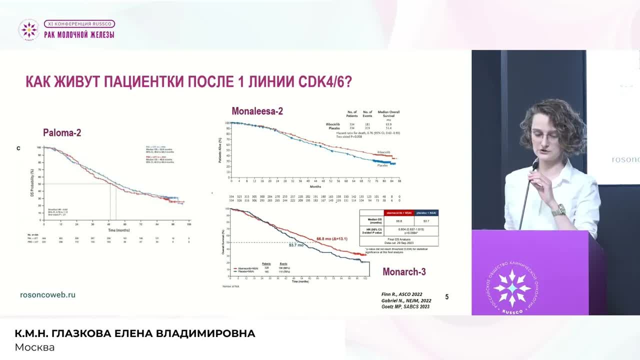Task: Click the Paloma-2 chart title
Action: tap(62, 133)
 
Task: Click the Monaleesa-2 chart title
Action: tap(257, 111)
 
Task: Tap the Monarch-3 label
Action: tap(404, 272)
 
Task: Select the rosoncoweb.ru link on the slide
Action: tap(47, 294)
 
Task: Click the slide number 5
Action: tap(446, 296)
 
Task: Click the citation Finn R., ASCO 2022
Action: tap(401, 294)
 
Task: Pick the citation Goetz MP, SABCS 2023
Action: tap(405, 306)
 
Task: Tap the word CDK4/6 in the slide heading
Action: tap(325, 81)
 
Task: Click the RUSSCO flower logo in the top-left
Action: tap(28, 30)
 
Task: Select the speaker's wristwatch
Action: tap(558, 210)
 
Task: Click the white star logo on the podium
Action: tap(512, 288)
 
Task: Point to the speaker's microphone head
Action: tap(534, 165)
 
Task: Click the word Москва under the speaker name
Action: tap(34, 347)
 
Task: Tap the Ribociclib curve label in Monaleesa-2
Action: tap(383, 152)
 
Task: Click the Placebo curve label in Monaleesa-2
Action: tap(382, 165)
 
